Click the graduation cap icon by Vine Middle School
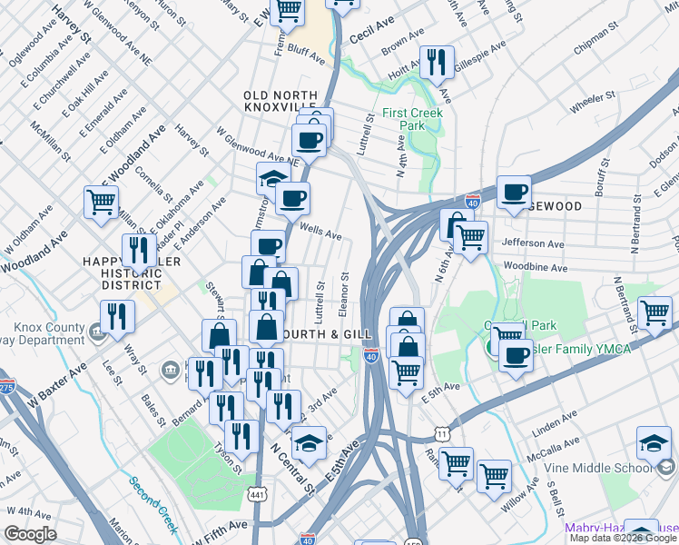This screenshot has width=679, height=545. tap(654, 442)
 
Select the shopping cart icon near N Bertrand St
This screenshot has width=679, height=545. tap(654, 313)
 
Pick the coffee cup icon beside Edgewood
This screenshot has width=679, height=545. tap(514, 193)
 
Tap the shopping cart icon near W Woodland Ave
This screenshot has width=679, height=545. tap(101, 202)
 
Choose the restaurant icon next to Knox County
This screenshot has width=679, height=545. tap(117, 317)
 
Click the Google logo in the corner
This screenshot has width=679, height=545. tap(31, 534)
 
